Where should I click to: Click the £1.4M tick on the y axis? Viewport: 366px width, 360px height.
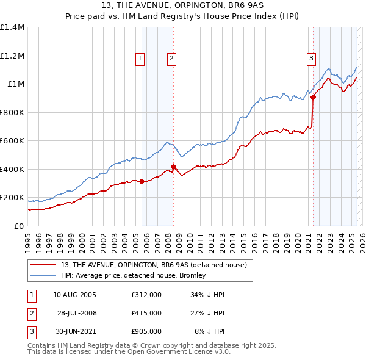tap(12, 27)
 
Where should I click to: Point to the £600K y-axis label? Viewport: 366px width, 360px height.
tap(12, 141)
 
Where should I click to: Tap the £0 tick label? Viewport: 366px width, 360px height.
tap(20, 226)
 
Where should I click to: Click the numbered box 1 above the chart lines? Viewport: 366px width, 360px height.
tap(140, 59)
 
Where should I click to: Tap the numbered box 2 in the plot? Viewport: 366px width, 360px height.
tap(171, 59)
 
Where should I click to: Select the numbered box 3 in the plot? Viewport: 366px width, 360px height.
tap(311, 59)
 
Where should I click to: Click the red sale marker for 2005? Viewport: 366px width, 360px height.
tap(142, 181)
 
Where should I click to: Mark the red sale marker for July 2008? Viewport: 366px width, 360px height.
tap(174, 167)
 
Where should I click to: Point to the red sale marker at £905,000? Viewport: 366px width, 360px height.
tap(313, 97)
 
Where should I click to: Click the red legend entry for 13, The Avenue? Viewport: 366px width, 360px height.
tap(153, 265)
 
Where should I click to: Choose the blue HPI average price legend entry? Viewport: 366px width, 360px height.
tap(133, 275)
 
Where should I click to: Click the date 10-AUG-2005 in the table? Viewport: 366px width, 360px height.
tap(74, 295)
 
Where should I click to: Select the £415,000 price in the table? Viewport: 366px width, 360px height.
tap(146, 313)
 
